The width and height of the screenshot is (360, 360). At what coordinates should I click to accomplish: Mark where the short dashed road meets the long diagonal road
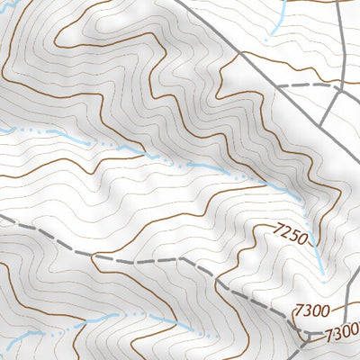coord(280,85)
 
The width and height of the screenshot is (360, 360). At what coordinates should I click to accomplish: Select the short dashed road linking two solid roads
coord(310,85)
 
